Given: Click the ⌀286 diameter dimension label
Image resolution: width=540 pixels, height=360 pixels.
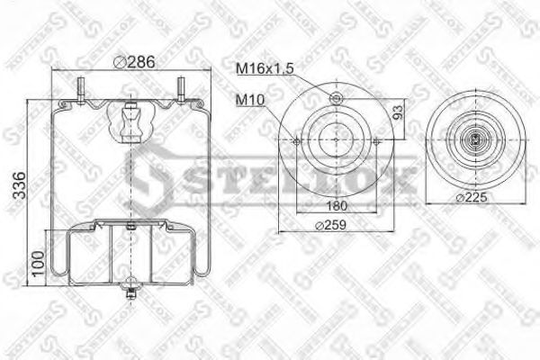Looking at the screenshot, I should pyautogui.click(x=132, y=62).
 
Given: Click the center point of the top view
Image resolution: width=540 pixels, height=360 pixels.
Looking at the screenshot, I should pyautogui.click(x=336, y=139).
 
